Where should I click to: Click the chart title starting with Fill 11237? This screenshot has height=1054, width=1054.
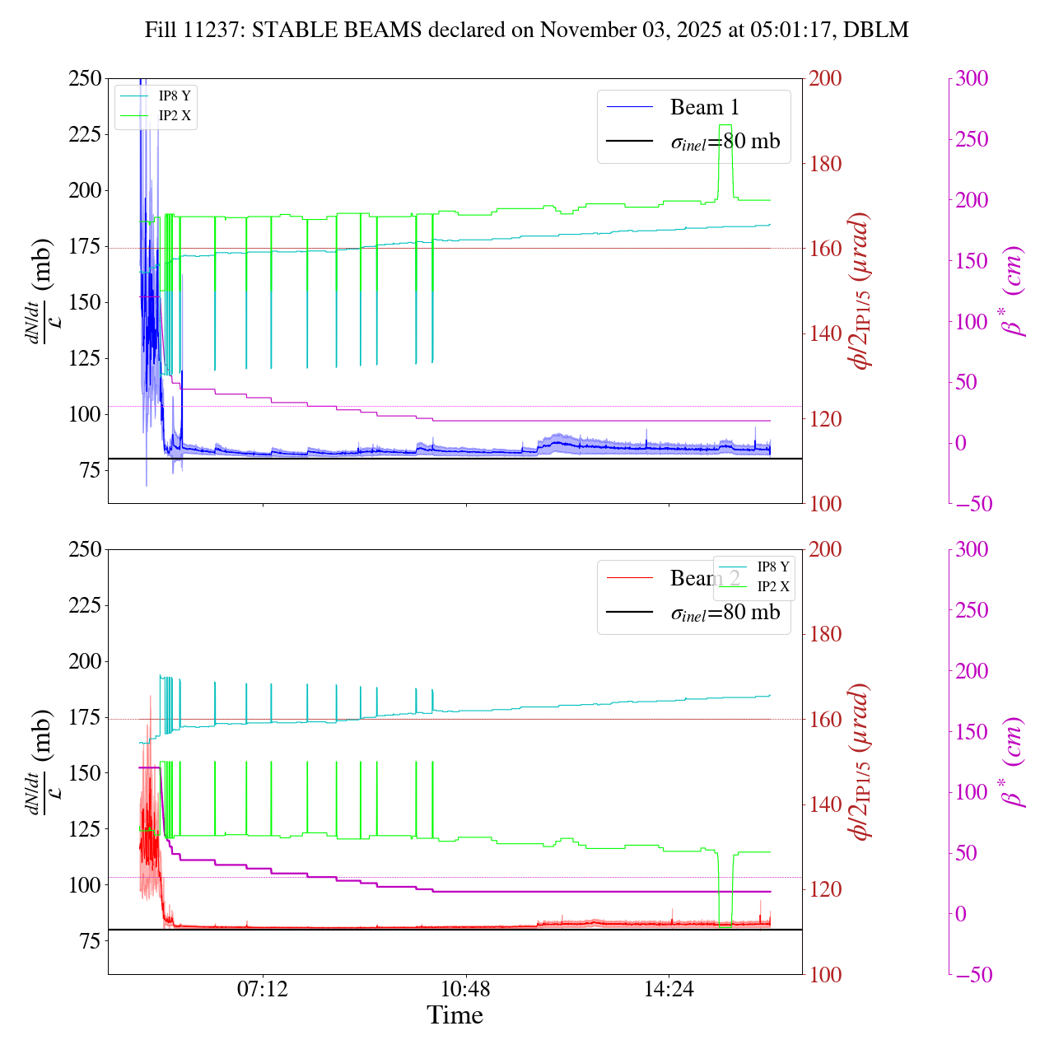tap(527, 30)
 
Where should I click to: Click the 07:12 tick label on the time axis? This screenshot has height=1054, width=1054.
tap(263, 988)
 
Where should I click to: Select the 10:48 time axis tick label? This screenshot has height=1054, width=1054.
tap(466, 988)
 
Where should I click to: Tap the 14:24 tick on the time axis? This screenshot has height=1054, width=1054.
tap(669, 988)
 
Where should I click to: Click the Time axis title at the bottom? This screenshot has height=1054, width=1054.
tap(455, 1015)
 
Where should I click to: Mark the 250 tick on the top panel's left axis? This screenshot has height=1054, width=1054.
tap(86, 79)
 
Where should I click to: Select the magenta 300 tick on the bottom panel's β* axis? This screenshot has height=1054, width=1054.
tap(972, 550)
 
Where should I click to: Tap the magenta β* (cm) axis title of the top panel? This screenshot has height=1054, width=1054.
tap(1013, 291)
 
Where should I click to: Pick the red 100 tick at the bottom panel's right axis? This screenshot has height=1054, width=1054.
tap(826, 975)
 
